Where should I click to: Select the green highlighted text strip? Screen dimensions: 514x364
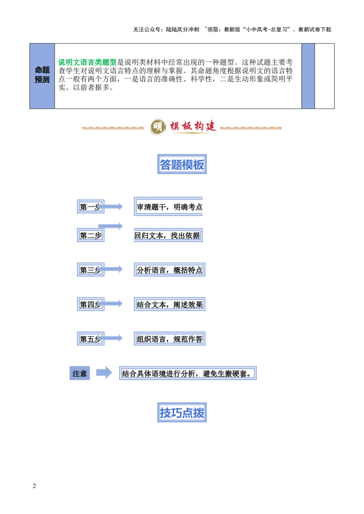point(87,62)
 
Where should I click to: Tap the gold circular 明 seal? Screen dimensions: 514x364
point(158,127)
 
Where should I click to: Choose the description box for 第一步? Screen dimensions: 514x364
point(167,207)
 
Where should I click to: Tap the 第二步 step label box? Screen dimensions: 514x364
point(91,235)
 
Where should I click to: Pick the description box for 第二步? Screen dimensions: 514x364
point(167,235)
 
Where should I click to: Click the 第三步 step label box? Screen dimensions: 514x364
point(91,270)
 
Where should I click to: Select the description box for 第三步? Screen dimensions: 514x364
point(169,270)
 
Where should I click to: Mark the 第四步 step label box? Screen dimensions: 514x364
point(91,303)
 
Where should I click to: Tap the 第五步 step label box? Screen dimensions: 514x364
point(91,339)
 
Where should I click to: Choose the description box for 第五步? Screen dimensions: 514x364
point(169,339)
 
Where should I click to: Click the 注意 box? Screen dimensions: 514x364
point(80,373)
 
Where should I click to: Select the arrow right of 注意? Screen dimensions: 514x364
point(104,373)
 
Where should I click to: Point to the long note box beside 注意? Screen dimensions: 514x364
point(187,373)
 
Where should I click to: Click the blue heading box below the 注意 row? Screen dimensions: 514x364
point(182,412)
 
